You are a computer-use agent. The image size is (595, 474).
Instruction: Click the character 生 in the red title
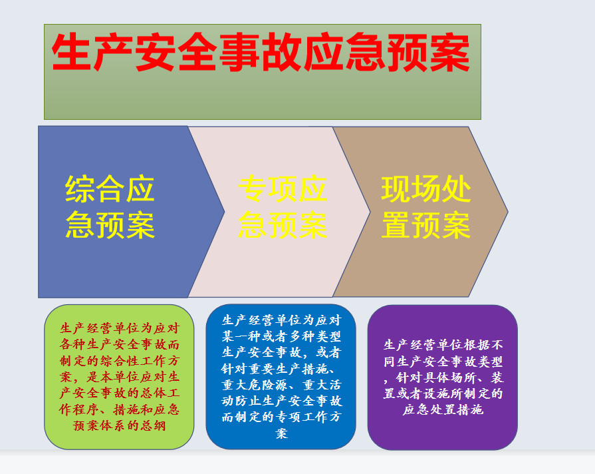72,52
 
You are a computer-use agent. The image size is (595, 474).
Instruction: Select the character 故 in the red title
283,52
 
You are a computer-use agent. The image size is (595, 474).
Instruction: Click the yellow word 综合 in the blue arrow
95,189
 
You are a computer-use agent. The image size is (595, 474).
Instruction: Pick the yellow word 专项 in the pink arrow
267,189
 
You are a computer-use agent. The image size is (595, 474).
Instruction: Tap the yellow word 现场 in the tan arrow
411,189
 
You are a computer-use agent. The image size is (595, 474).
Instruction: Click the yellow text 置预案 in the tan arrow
425,225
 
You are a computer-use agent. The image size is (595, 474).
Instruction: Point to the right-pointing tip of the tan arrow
508,212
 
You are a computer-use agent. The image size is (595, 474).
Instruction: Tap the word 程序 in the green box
86,409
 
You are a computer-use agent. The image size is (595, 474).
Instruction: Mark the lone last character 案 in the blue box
281,433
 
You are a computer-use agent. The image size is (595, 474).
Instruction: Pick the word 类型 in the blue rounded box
328,336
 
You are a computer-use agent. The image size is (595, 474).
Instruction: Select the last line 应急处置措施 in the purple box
443,410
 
